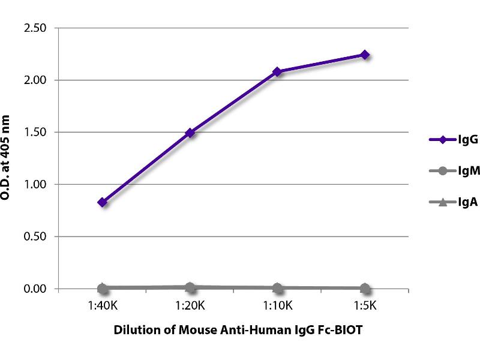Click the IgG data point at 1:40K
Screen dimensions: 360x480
click(x=103, y=202)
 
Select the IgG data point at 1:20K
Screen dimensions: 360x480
click(x=190, y=133)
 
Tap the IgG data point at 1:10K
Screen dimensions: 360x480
click(x=277, y=71)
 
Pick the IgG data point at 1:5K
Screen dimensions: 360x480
click(x=364, y=55)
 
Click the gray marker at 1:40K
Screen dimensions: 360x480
click(x=103, y=288)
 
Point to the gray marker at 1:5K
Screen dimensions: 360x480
click(x=364, y=288)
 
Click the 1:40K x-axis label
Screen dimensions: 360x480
click(x=103, y=305)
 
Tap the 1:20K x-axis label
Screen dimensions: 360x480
click(x=190, y=305)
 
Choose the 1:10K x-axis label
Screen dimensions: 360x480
click(x=277, y=305)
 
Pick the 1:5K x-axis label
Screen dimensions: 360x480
click(x=364, y=305)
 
